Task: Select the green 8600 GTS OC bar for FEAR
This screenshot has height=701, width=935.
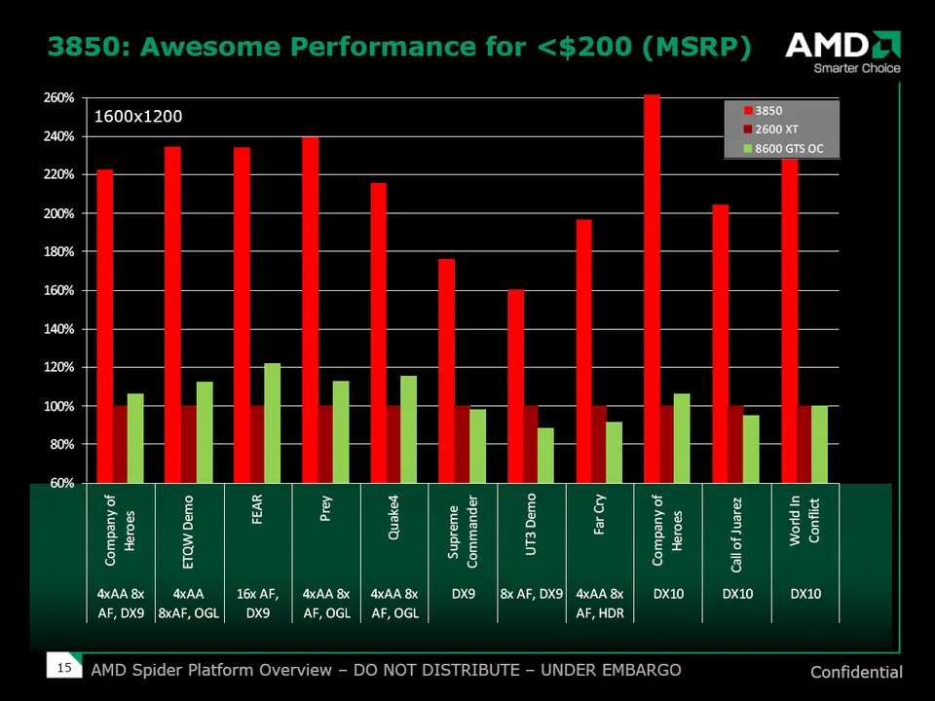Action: click(272, 423)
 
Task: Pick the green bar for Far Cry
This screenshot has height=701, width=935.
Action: click(614, 452)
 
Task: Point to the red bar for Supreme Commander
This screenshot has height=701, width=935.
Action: click(447, 370)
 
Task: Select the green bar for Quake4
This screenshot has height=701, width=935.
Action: click(408, 428)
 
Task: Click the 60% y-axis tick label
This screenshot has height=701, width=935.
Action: click(62, 483)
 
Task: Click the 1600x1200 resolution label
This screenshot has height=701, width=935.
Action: click(137, 117)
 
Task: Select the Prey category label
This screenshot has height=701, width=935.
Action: click(326, 509)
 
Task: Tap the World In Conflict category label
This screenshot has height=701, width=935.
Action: click(804, 522)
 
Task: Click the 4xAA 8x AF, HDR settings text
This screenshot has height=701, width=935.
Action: click(599, 603)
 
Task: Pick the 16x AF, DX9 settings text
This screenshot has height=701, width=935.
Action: click(258, 603)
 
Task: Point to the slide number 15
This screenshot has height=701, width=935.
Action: click(64, 668)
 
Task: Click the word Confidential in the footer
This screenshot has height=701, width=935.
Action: click(855, 672)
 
